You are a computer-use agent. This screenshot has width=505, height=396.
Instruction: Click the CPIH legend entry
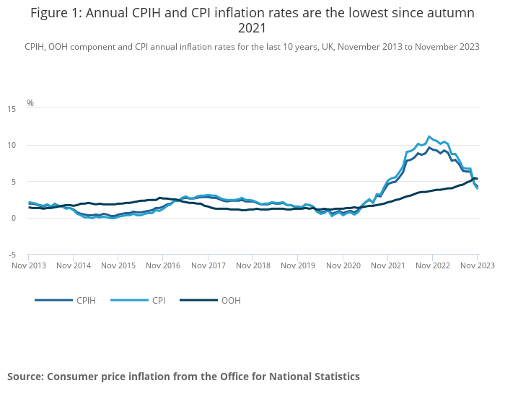click(x=66, y=300)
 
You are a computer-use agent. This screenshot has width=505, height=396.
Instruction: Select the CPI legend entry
click(x=138, y=300)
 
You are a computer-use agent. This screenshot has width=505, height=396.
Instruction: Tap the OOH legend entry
click(x=211, y=300)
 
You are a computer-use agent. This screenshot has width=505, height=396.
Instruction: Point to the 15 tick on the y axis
click(x=12, y=109)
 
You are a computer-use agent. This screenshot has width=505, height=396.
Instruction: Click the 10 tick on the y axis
click(x=12, y=145)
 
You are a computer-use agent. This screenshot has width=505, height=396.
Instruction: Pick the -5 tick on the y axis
click(x=12, y=255)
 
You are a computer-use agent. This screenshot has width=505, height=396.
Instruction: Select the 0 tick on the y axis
click(x=14, y=218)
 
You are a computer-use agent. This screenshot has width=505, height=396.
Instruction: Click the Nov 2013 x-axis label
click(x=29, y=265)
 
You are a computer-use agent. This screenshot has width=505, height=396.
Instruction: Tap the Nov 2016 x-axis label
click(x=163, y=265)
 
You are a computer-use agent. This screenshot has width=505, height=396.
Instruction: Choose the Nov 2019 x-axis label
click(x=298, y=265)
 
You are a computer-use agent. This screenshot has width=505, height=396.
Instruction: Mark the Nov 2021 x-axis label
click(x=388, y=265)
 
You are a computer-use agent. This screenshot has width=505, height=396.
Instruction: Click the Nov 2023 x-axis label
click(x=478, y=265)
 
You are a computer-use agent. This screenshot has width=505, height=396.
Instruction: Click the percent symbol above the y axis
click(x=30, y=102)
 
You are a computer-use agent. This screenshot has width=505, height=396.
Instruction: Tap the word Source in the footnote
click(x=25, y=377)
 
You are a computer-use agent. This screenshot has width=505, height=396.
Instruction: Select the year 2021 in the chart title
click(x=252, y=28)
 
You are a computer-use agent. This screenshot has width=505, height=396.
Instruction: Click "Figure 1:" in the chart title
click(x=56, y=13)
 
